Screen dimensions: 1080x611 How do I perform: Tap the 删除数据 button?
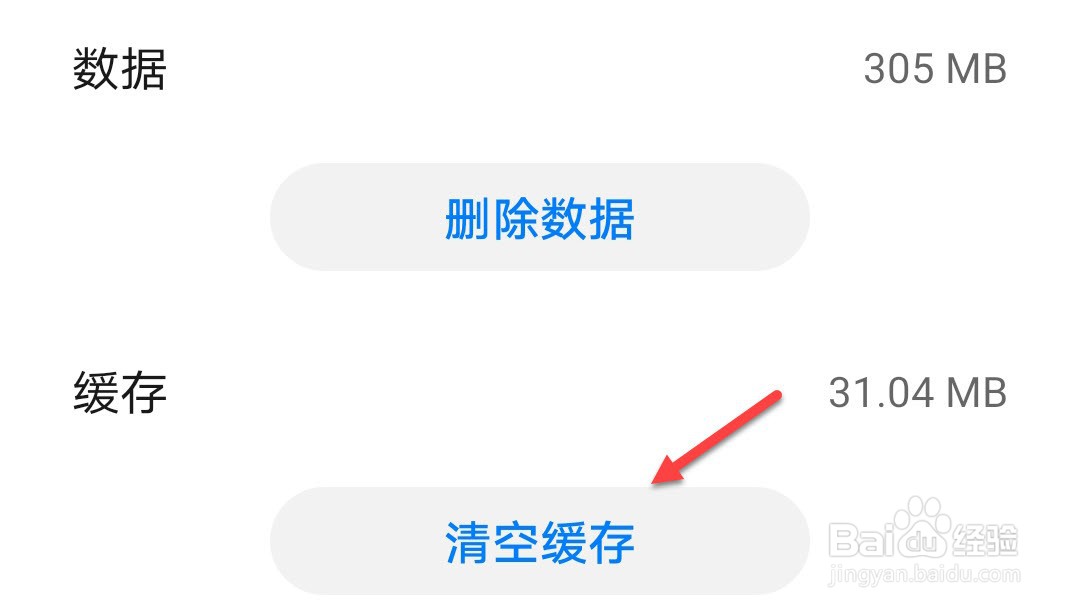tap(539, 217)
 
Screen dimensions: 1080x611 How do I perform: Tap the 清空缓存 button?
tap(539, 541)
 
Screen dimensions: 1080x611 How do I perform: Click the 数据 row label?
tap(119, 70)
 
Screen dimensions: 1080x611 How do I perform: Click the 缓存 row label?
tap(119, 393)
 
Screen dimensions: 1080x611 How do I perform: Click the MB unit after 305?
tap(976, 70)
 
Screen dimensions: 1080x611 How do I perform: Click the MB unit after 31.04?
tap(976, 393)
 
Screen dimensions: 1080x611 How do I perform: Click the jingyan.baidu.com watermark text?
tap(925, 575)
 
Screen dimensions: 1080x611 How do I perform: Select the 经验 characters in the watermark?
tap(986, 540)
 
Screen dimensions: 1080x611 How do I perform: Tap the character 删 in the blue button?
tap(468, 218)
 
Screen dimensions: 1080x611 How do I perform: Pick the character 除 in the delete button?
tap(516, 218)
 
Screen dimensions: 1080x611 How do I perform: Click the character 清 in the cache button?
tap(468, 542)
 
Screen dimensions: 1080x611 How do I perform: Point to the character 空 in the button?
tap(516, 542)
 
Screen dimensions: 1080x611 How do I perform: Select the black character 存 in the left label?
tap(143, 393)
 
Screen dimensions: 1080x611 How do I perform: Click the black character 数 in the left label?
tap(96, 70)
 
